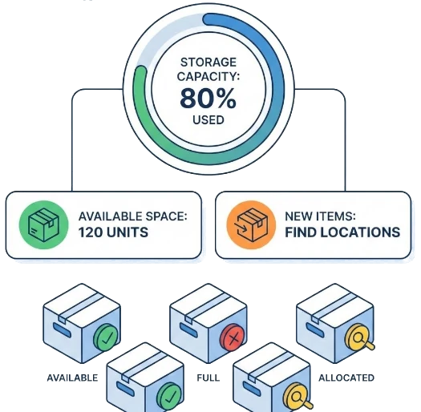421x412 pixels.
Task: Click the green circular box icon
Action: click(x=40, y=224)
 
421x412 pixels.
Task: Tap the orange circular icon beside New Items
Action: click(x=248, y=224)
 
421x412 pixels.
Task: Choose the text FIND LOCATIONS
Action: click(x=342, y=233)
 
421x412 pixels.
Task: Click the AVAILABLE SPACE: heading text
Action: click(x=132, y=216)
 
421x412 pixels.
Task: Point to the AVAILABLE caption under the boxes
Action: click(x=72, y=377)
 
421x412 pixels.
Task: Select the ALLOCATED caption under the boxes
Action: click(x=346, y=377)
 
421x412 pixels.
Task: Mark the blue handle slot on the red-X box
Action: click(x=188, y=328)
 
